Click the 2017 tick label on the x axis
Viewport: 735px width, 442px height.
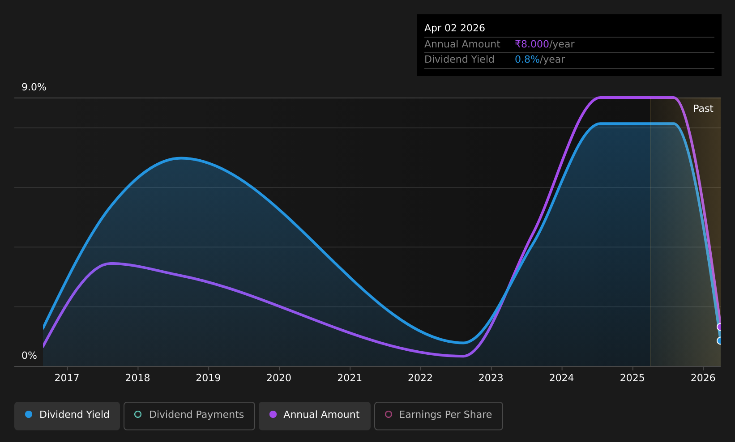(67, 378)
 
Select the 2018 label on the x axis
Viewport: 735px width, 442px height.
(137, 378)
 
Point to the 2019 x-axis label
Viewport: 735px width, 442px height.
(208, 378)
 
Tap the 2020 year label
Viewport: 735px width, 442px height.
(279, 378)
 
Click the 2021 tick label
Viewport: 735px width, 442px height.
(350, 378)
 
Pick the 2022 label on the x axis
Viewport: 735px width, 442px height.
(420, 378)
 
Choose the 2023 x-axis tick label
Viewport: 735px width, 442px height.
(491, 378)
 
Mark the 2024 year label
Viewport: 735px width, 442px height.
(562, 378)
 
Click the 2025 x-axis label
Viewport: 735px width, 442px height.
(632, 378)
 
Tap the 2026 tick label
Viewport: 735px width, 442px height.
(703, 378)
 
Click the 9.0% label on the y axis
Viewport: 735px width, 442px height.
(34, 87)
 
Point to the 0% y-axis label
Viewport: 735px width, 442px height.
(29, 356)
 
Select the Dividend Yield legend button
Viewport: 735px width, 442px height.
(67, 416)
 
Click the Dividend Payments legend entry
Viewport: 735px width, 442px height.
(189, 416)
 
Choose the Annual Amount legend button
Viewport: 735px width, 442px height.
(315, 416)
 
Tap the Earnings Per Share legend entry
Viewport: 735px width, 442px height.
(438, 416)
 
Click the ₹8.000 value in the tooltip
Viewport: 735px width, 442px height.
(532, 44)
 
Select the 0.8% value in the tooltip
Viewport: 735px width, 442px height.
(527, 59)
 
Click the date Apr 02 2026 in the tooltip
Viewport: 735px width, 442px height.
(454, 28)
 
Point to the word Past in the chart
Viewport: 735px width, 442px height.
(703, 109)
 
